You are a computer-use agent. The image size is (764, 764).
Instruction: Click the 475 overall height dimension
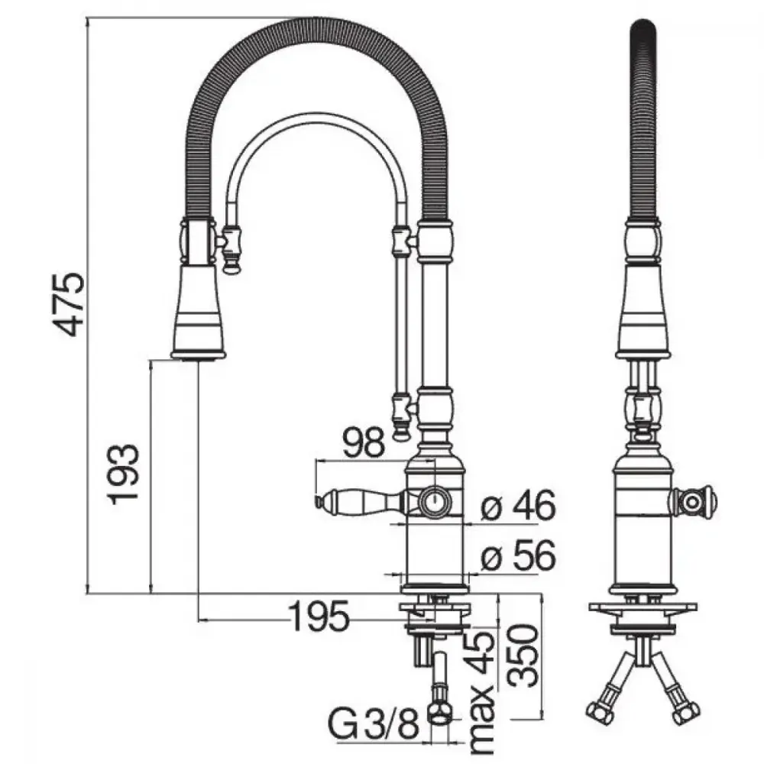(x=70, y=306)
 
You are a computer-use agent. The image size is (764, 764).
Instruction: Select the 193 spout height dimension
(x=124, y=474)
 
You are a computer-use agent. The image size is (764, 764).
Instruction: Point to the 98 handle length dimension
(x=363, y=442)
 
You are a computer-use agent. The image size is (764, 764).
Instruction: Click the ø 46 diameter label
(x=518, y=505)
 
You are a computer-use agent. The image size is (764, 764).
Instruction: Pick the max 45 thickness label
(x=481, y=692)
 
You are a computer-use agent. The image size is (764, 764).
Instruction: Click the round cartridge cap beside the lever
(x=435, y=501)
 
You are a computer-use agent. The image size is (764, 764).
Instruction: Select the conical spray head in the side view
(x=199, y=312)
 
